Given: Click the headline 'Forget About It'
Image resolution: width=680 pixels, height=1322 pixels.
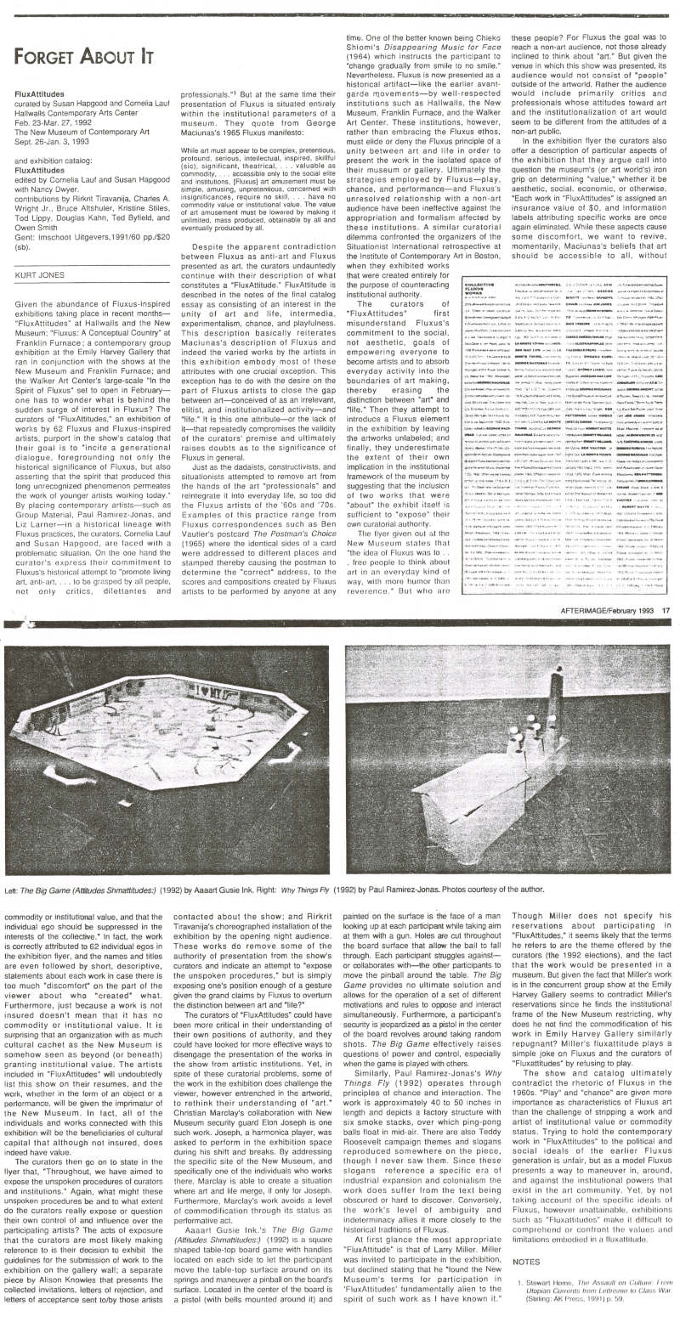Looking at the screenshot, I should click(x=83, y=57).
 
